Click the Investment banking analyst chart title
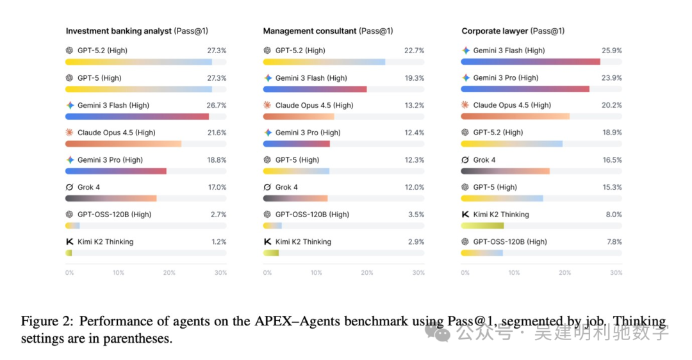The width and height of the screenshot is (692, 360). pyautogui.click(x=119, y=31)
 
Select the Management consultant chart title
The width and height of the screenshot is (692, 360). pyautogui.click(x=310, y=31)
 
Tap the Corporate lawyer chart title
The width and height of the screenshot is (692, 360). pyautogui.click(x=495, y=31)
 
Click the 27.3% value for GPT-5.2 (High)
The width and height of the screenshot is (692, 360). pyautogui.click(x=217, y=51)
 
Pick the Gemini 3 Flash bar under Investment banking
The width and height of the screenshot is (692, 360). pyautogui.click(x=137, y=117)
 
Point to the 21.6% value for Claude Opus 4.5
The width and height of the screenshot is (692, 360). pyautogui.click(x=217, y=133)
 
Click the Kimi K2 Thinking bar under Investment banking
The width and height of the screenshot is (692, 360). pyautogui.click(x=69, y=253)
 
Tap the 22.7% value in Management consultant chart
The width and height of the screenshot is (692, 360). pyautogui.click(x=414, y=51)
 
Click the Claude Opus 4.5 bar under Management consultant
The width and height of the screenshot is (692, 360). pyautogui.click(x=299, y=117)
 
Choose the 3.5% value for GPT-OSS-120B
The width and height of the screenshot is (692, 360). pyautogui.click(x=416, y=215)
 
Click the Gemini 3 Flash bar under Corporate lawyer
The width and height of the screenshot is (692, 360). pyautogui.click(x=531, y=62)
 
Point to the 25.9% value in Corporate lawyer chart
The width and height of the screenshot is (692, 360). pyautogui.click(x=612, y=51)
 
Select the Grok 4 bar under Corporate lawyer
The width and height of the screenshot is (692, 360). pyautogui.click(x=506, y=171)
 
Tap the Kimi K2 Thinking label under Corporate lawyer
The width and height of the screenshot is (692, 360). pyautogui.click(x=501, y=215)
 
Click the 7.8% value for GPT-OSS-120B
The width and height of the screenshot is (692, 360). pyautogui.click(x=614, y=242)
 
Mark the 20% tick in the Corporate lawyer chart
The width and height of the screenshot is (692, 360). pyautogui.click(x=564, y=273)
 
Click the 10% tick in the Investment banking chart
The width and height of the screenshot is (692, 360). pyautogui.click(x=119, y=273)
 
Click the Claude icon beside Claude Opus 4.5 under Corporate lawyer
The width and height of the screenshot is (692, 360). pyautogui.click(x=466, y=105)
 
